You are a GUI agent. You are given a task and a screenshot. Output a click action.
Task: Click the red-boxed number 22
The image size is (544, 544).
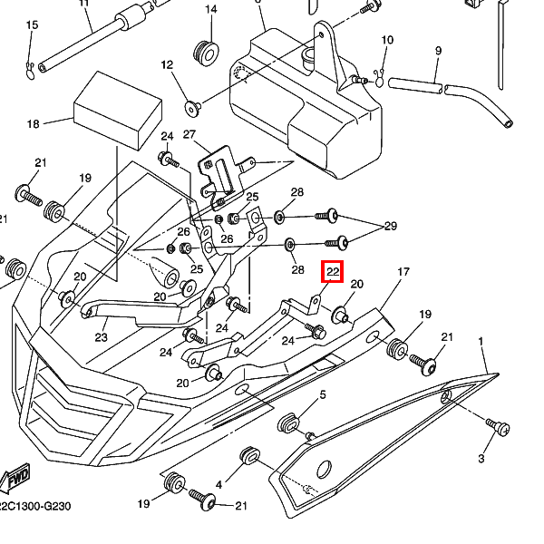tap(333, 271)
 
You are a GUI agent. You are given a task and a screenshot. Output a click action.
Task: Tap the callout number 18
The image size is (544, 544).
tap(34, 123)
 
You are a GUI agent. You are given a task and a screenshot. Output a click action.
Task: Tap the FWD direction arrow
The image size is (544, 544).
tap(15, 478)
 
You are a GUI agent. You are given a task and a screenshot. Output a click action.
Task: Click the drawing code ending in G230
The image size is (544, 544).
tap(34, 507)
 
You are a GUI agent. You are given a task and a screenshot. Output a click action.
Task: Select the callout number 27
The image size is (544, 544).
tap(189, 134)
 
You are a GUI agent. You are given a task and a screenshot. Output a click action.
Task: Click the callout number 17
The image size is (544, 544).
tap(403, 271)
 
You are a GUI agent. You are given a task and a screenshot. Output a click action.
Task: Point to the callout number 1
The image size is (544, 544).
tap(481, 342)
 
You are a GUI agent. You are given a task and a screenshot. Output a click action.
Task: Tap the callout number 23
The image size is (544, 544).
tap(101, 337)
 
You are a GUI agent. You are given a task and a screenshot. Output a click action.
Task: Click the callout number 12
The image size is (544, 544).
tap(166, 64)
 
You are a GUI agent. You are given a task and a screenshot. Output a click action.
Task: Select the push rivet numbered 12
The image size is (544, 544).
tap(193, 108)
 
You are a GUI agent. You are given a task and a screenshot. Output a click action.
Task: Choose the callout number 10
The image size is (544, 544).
tap(387, 40)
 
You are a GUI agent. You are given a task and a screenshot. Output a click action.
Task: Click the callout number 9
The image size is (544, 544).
tap(438, 51)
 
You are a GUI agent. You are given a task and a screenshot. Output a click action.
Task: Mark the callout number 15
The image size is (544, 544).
tap(32, 24)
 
